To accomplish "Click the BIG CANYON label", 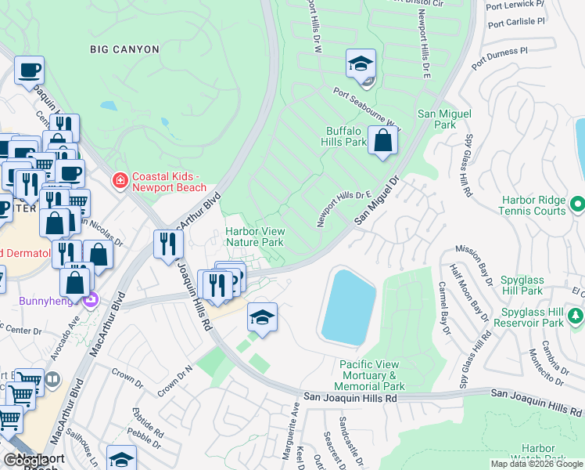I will click(x=125, y=49).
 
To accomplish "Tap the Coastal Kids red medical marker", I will click(x=120, y=181).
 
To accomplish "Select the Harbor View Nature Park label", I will click(x=255, y=237).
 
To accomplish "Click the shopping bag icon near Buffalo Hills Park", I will click(x=382, y=141).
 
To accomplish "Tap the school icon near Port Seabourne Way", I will click(x=361, y=64).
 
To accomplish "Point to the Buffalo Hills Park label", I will click(x=343, y=137).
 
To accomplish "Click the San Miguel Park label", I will click(x=444, y=119).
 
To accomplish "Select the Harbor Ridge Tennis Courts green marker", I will click(x=578, y=204).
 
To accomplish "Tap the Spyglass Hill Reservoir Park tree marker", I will click(x=576, y=316).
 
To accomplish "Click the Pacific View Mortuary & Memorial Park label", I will click(x=372, y=375).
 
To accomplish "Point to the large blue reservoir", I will click(x=348, y=305).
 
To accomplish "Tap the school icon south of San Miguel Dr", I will click(x=262, y=318).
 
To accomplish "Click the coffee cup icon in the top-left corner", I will click(x=29, y=70).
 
